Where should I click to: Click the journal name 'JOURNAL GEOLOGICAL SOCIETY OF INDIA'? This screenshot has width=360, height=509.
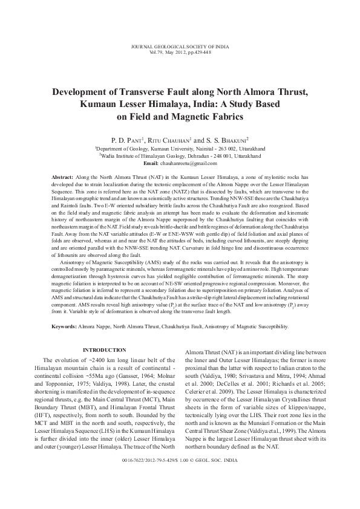(x=179, y=47)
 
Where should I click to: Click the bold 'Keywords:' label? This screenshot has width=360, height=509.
(x=64, y=326)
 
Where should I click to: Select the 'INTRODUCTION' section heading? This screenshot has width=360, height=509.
(x=104, y=351)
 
